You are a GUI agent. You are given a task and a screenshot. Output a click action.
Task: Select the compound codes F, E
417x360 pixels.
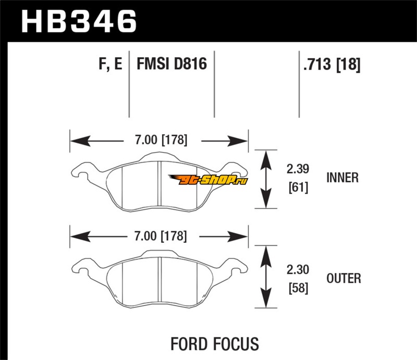pos(110,65)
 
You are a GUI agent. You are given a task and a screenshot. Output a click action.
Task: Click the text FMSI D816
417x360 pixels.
pos(172,65)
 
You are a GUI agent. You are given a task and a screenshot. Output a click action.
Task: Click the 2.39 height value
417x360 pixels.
pos(298,169)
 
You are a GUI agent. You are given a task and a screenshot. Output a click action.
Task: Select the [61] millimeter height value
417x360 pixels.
pos(298,187)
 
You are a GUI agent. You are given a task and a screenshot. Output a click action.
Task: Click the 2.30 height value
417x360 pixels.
pos(298,270)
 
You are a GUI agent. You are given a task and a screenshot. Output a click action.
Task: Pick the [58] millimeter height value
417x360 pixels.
pos(298,287)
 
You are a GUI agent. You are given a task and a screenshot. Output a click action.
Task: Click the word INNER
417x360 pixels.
pos(342,178)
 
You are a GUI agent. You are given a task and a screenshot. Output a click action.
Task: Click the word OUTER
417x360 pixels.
pos(344,279)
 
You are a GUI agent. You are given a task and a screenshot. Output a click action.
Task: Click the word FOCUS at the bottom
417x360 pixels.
pos(235,344)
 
